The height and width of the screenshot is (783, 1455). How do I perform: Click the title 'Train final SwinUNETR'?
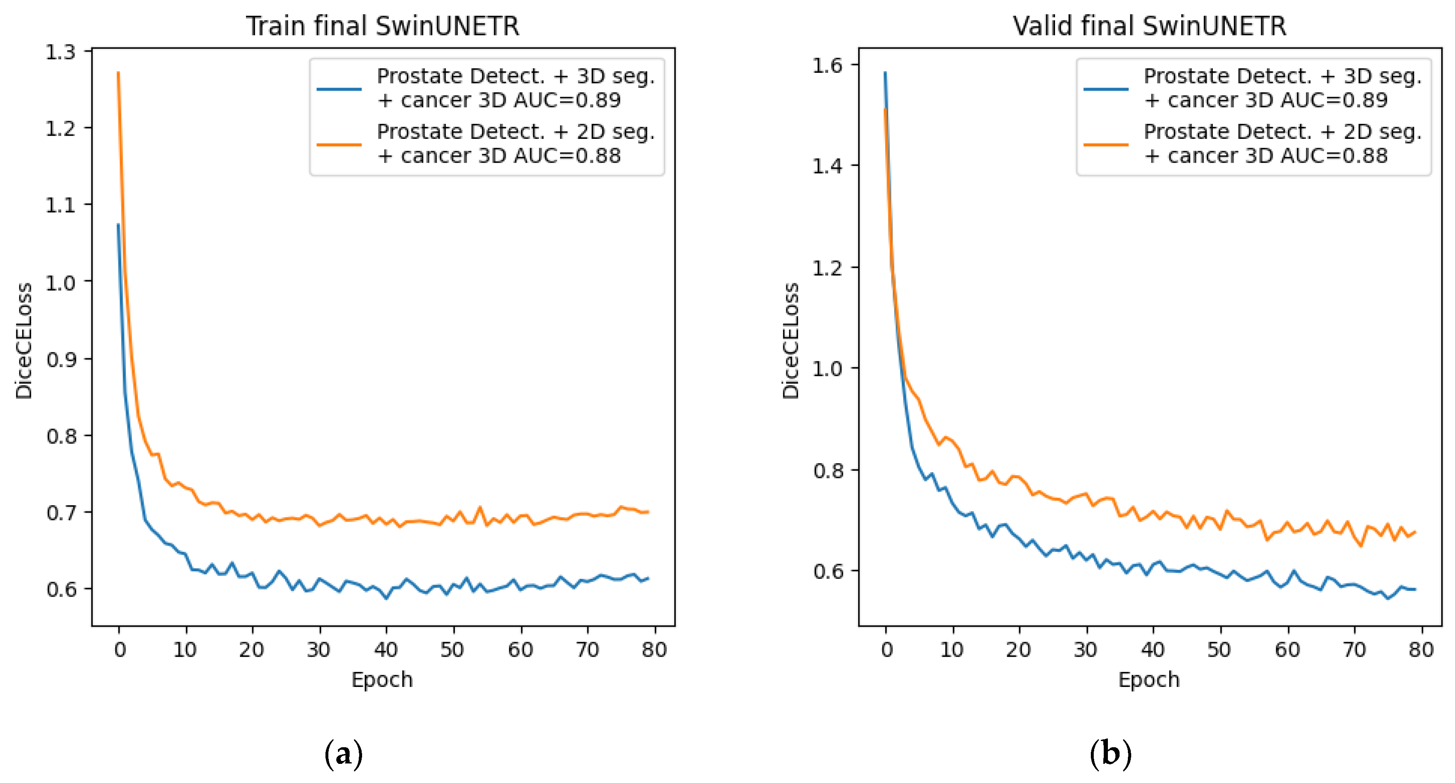coord(382,26)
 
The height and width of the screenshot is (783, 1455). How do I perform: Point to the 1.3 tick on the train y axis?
coord(60,52)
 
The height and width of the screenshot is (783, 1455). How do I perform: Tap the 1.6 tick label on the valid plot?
coord(827,65)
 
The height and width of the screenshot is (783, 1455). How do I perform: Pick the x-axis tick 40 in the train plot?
coord(386,650)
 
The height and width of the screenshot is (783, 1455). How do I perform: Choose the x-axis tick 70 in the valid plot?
coord(1354,650)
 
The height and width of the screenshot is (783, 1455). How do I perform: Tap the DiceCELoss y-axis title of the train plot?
coord(24,341)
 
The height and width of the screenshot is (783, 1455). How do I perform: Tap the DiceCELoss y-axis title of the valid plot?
coord(790,341)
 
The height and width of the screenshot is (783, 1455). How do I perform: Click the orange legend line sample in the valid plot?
coord(1105,145)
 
